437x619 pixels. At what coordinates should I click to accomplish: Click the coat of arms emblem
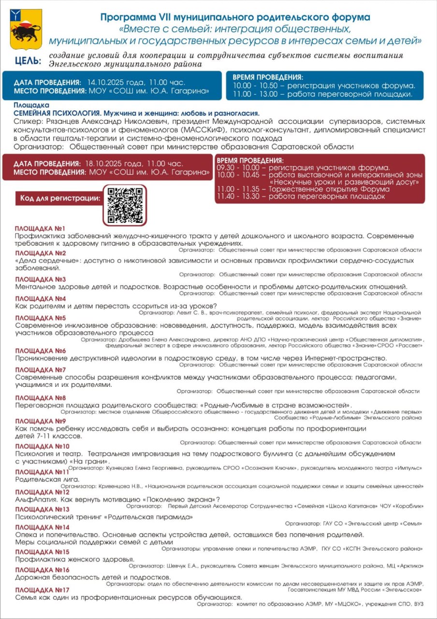pos(26,29)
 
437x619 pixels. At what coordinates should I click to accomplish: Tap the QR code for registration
pos(125,205)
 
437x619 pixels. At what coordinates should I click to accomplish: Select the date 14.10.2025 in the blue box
pos(105,82)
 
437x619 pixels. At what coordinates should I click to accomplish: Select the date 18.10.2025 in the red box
pos(105,163)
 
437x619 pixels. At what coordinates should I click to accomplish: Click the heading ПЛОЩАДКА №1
pos(40,228)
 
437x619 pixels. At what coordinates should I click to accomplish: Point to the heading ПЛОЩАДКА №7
pos(40,370)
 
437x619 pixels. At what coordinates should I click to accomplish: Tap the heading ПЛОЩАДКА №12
pos(42,492)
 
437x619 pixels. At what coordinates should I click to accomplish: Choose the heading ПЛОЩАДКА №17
pos(42,590)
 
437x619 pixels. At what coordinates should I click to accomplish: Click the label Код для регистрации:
pos(60,198)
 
